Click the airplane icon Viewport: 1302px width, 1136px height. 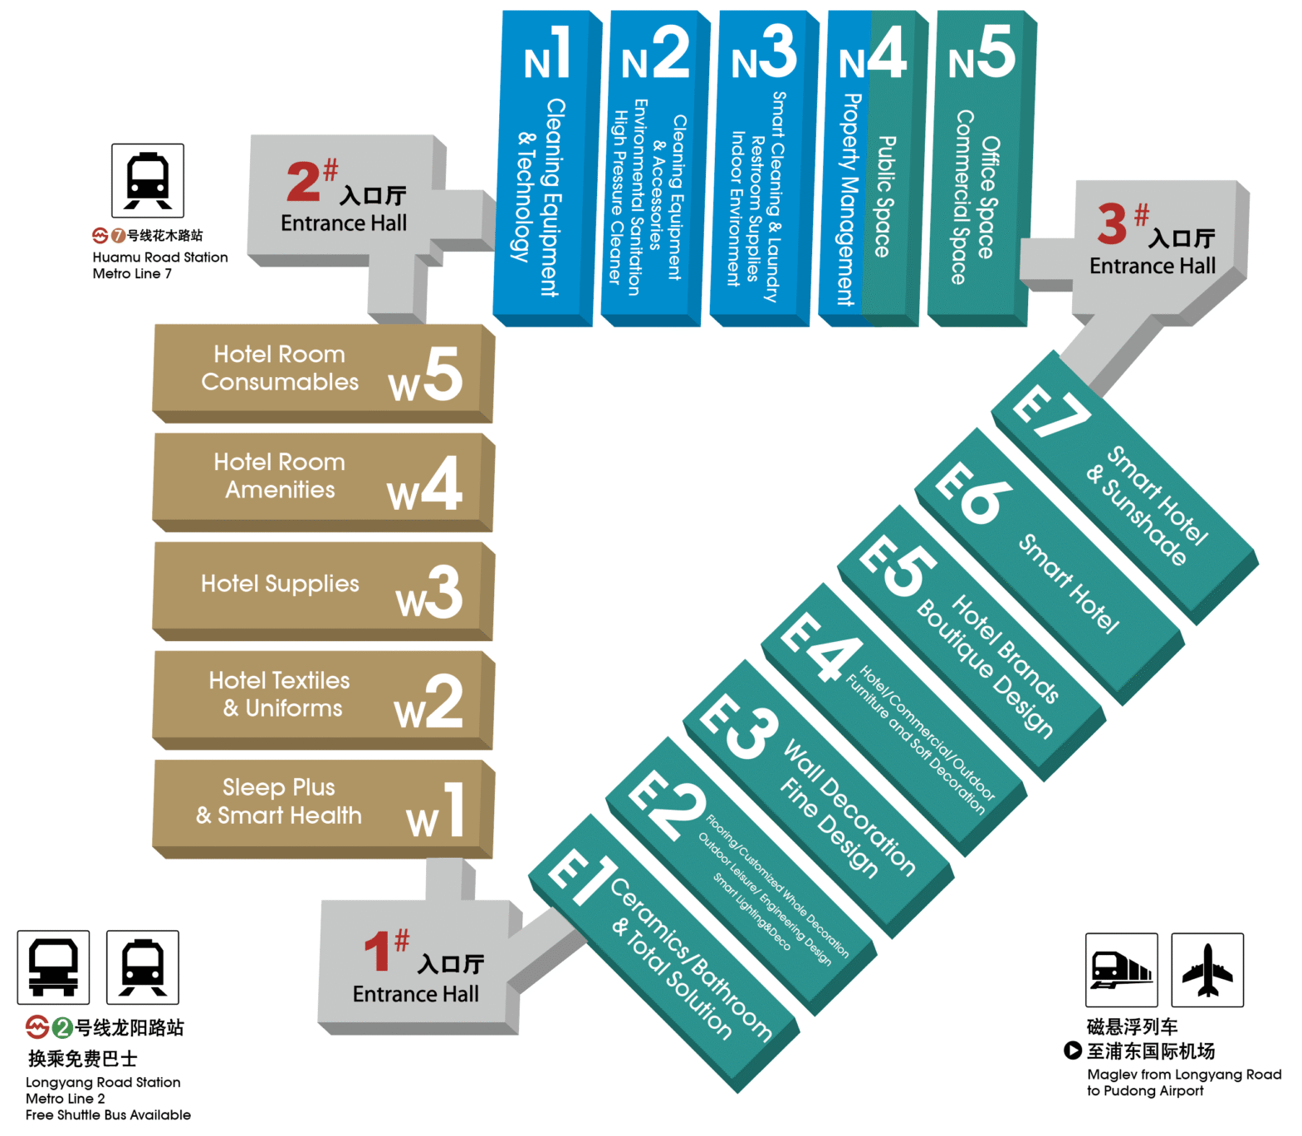click(x=1207, y=969)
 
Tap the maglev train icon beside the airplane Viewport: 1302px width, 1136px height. click(x=1122, y=969)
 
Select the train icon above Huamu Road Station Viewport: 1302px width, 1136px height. click(x=148, y=180)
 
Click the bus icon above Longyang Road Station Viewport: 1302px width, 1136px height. click(x=54, y=967)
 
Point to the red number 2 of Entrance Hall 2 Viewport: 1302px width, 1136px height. click(x=303, y=182)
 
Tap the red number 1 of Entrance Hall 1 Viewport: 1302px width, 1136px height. click(x=378, y=951)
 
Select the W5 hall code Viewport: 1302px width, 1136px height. click(x=425, y=375)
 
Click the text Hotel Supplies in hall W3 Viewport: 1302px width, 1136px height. click(x=280, y=584)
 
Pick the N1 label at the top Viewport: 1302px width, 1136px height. click(x=548, y=54)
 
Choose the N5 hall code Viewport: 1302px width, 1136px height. click(x=981, y=52)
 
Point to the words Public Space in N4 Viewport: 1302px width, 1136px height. click(x=885, y=197)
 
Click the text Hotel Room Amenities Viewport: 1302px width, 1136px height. click(x=280, y=476)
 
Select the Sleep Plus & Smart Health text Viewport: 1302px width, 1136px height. click(x=279, y=801)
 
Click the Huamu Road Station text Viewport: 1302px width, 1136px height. click(x=160, y=257)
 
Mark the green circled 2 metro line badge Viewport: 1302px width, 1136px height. click(x=61, y=1028)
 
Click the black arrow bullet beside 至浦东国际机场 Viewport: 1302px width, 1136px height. click(x=1073, y=1050)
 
